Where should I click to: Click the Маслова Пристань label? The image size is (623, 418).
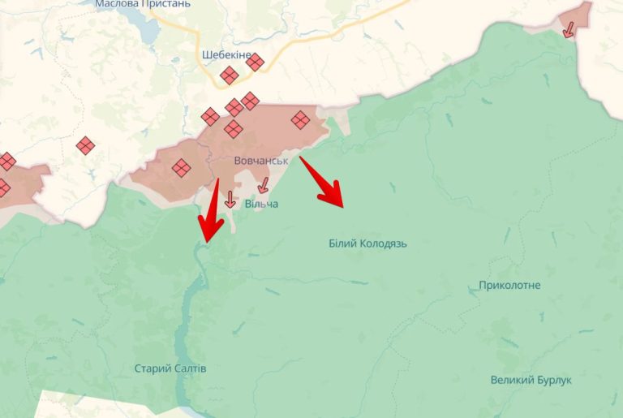click(x=143, y=4)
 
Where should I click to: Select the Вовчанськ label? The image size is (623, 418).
click(x=260, y=161)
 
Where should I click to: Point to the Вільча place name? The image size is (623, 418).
click(x=261, y=204)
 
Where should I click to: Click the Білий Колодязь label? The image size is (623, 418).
click(x=367, y=243)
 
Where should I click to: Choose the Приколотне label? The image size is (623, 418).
click(x=509, y=286)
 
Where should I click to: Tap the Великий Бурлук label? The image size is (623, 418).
click(x=531, y=380)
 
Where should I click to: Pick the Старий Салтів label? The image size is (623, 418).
click(x=170, y=368)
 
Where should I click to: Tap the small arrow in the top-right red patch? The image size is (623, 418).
click(x=569, y=29)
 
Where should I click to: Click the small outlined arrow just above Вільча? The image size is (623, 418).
click(x=262, y=185)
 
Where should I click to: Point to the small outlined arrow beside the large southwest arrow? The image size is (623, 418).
click(x=230, y=199)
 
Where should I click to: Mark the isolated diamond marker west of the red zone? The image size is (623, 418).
click(x=85, y=146)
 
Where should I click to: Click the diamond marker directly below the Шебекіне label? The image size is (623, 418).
click(x=229, y=75)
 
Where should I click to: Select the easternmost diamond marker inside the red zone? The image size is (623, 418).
click(x=300, y=120)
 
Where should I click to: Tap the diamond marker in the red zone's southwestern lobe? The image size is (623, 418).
click(x=181, y=168)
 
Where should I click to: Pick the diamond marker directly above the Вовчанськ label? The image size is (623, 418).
click(x=234, y=129)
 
